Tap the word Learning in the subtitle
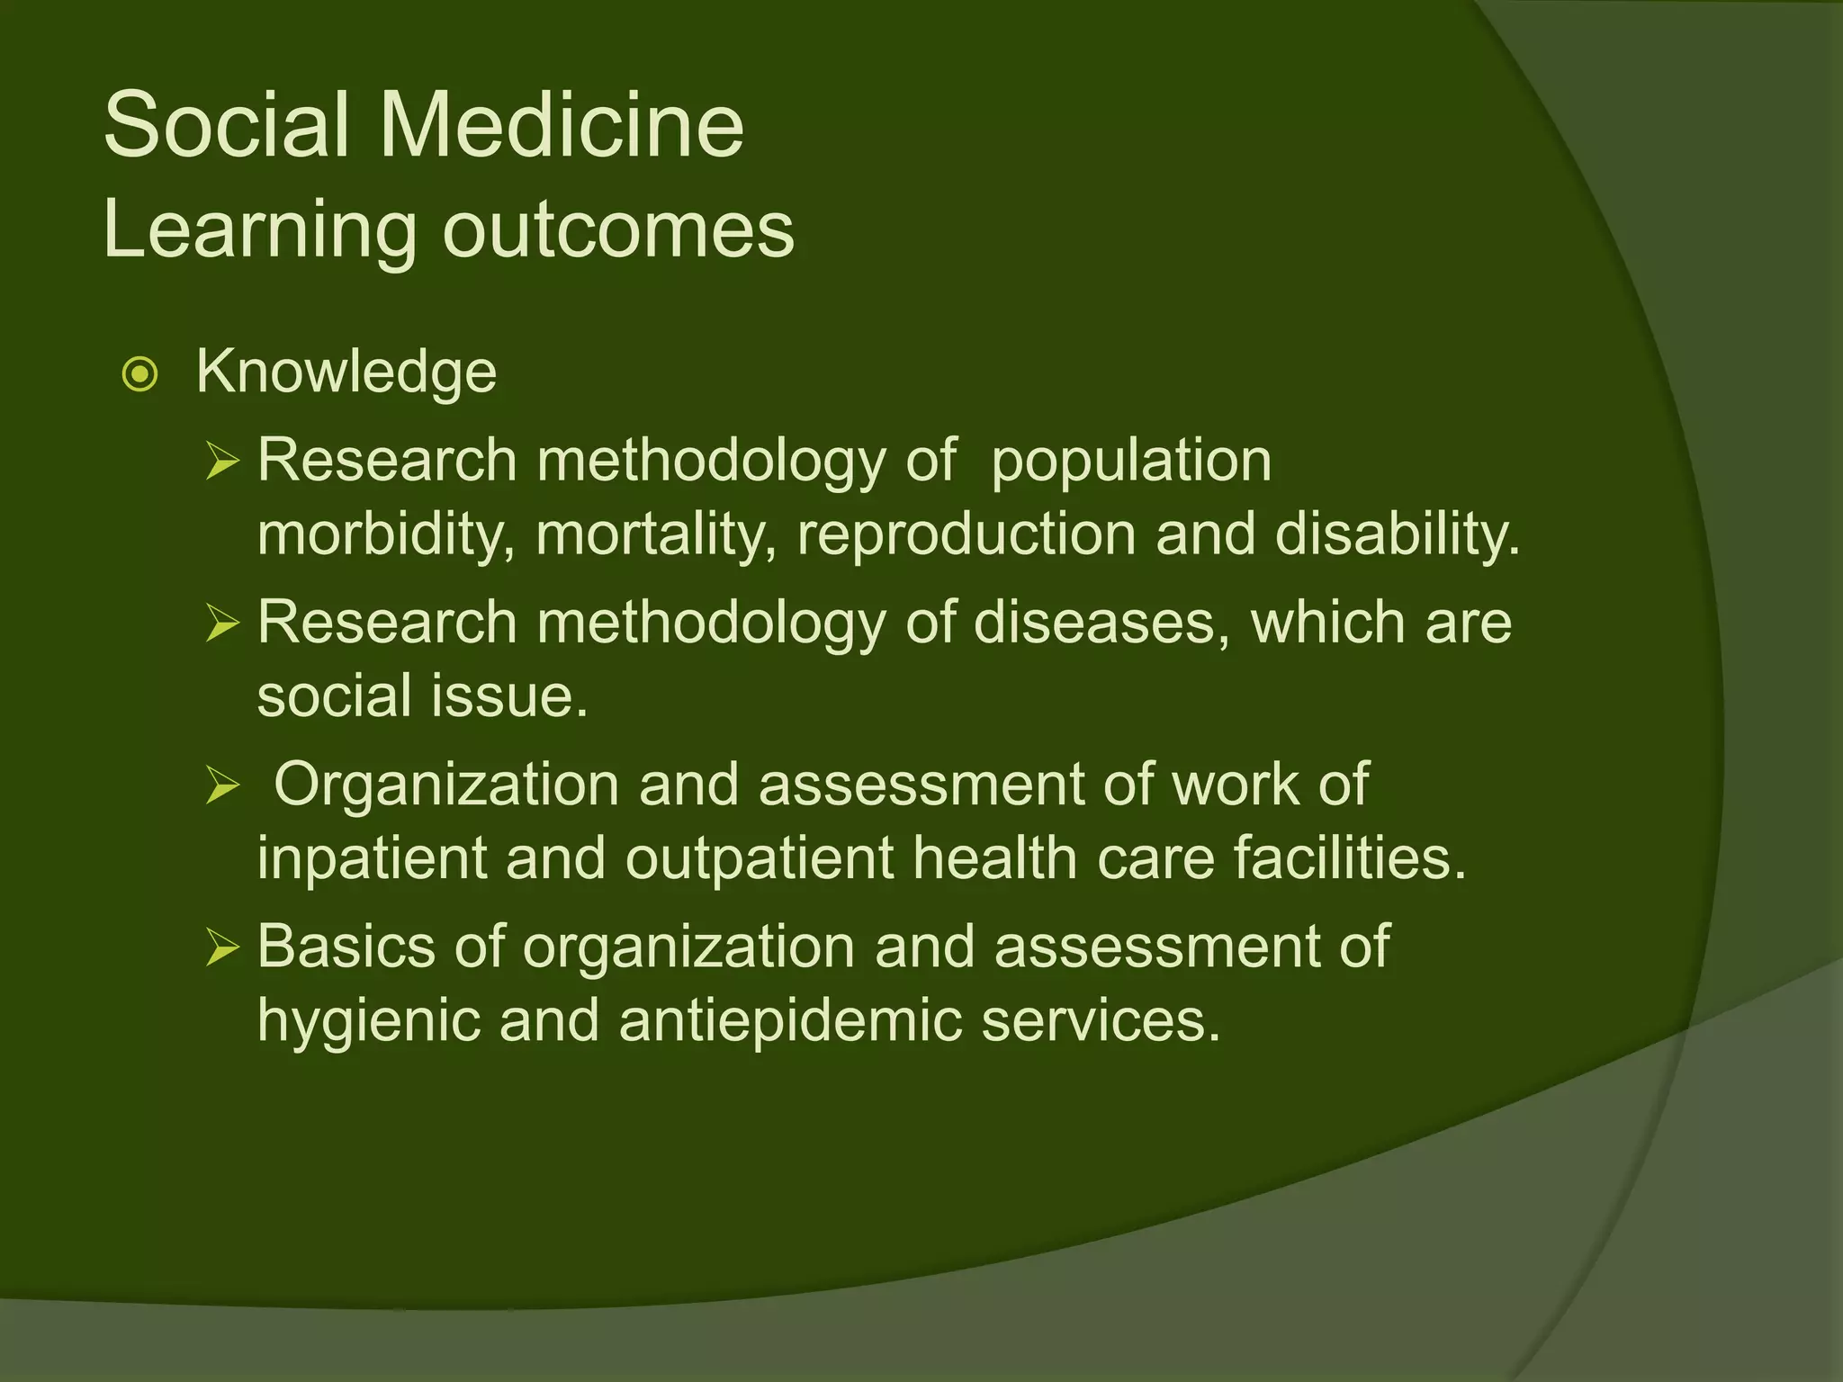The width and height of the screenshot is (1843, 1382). (260, 230)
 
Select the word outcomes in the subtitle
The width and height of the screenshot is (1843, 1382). (618, 230)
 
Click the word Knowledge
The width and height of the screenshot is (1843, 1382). (346, 372)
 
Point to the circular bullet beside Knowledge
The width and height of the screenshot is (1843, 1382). (140, 374)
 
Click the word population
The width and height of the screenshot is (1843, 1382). (1130, 461)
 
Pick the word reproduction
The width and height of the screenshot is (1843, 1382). (966, 534)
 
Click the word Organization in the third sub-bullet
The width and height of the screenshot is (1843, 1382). (446, 785)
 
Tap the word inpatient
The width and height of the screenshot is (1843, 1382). (372, 857)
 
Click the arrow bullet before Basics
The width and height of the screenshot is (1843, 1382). (222, 948)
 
